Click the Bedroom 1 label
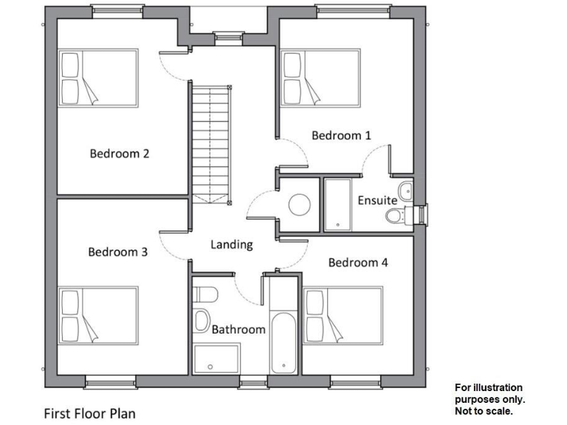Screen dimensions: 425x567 point(341,135)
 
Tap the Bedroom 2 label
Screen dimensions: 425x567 point(120,153)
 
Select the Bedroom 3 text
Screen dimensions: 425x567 point(117,252)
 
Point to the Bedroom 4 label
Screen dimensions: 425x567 point(358,262)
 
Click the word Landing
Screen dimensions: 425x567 point(232,244)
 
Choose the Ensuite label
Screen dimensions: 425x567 point(377,200)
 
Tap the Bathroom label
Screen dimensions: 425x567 point(238,329)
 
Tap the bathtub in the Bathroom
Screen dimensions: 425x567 point(283,343)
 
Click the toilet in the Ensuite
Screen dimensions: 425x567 point(396,215)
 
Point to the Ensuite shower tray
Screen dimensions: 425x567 point(339,204)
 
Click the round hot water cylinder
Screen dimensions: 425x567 point(300,204)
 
